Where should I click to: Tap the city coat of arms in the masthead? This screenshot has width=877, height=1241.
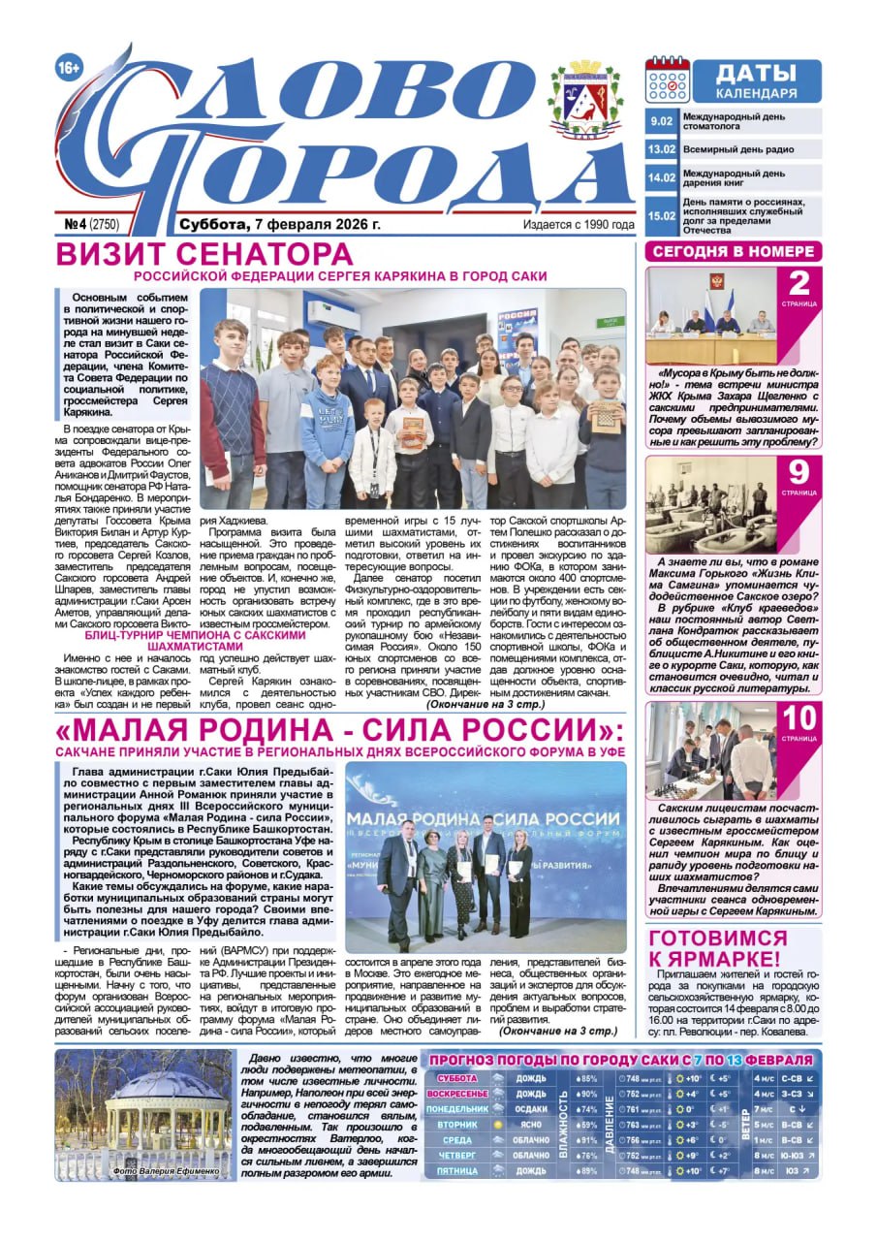point(584,100)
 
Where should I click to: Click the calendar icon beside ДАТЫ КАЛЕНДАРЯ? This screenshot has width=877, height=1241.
point(668,81)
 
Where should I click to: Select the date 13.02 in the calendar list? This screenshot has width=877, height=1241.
point(662,150)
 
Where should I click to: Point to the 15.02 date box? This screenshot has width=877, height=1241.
point(662,215)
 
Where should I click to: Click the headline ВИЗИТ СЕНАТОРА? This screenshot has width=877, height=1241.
point(204,255)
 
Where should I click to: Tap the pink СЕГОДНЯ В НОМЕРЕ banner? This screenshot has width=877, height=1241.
point(734,251)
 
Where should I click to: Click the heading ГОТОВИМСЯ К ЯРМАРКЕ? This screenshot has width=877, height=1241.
point(717,947)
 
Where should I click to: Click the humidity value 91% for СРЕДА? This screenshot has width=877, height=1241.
point(586,1140)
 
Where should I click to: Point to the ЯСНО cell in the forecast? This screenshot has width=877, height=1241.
point(530,1125)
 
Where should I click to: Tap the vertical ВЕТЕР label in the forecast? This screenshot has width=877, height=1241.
point(745,1125)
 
